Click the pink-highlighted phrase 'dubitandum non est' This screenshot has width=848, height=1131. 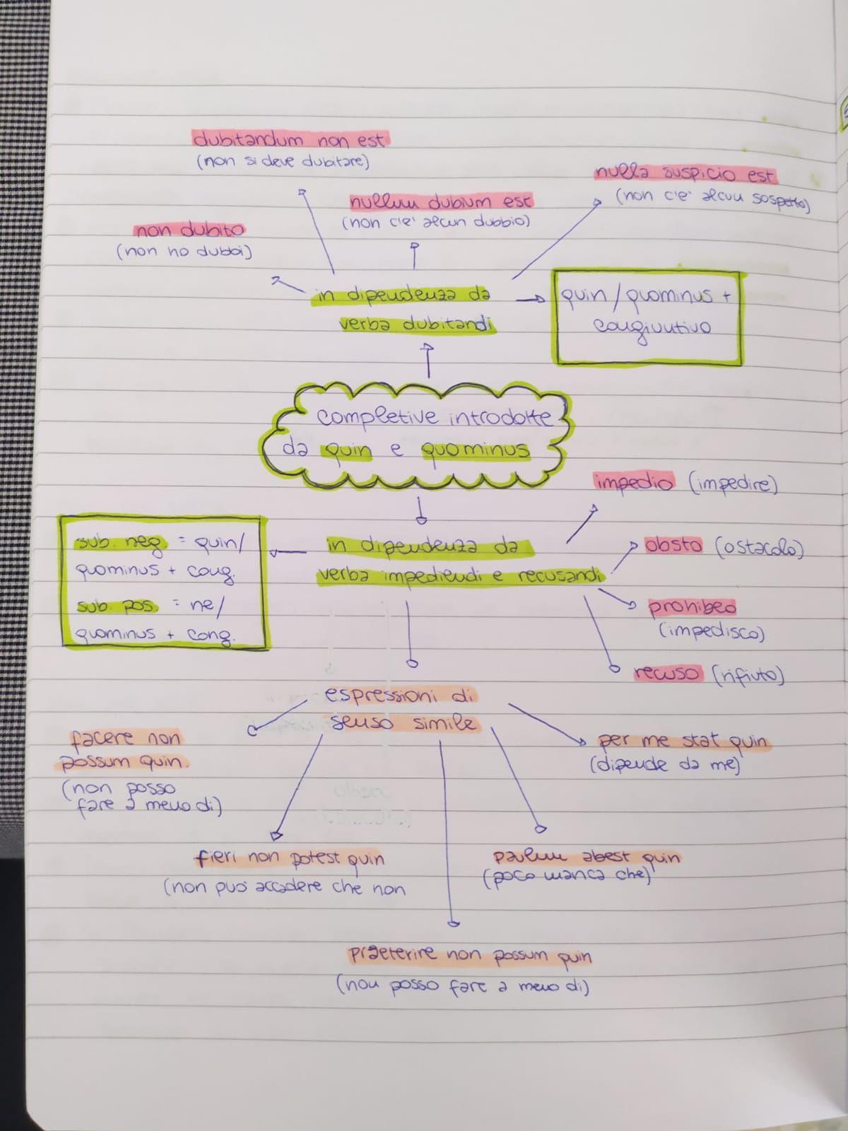click(x=290, y=139)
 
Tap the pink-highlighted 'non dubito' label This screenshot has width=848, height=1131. click(x=189, y=230)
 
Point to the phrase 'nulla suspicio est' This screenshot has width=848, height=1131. click(x=685, y=174)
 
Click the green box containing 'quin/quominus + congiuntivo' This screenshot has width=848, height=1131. click(x=647, y=317)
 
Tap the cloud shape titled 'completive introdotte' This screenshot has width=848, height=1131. click(x=417, y=435)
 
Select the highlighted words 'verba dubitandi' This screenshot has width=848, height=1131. click(x=417, y=324)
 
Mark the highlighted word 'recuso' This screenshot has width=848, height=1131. click(x=668, y=674)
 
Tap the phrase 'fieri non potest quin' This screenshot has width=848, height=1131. click(x=290, y=859)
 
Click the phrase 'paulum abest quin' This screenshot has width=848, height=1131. click(x=587, y=857)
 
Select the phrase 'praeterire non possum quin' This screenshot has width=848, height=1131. click(x=470, y=956)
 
